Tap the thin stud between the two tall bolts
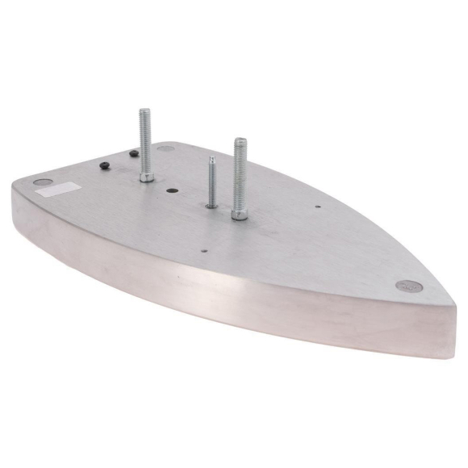[211, 182]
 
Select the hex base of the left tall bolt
[146, 175]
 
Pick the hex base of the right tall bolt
[240, 214]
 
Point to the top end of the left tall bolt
[144, 111]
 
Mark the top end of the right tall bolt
[240, 141]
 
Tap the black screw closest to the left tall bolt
[131, 153]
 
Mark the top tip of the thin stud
[211, 158]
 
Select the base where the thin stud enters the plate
[211, 205]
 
